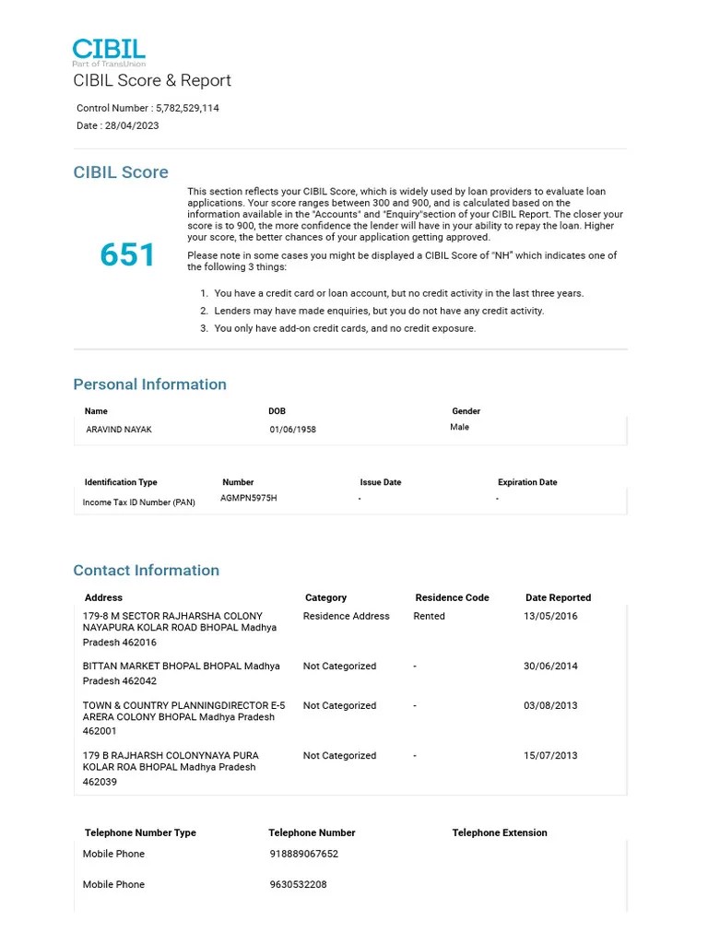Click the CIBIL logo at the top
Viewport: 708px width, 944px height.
(x=109, y=52)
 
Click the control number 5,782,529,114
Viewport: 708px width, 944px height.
(x=187, y=108)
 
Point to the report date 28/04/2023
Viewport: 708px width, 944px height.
(x=132, y=125)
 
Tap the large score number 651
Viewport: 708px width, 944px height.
(x=128, y=255)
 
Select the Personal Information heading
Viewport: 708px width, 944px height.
(x=149, y=384)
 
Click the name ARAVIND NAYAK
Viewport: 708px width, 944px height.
(x=119, y=430)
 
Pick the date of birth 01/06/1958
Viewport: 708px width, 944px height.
(x=292, y=430)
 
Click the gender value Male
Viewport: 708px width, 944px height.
(x=459, y=427)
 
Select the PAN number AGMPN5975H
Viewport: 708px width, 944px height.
(x=248, y=498)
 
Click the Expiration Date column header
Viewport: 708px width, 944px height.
(x=527, y=482)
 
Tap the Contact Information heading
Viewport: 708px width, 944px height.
(x=146, y=571)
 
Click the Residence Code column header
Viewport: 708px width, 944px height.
(x=452, y=597)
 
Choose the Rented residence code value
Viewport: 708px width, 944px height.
(x=429, y=616)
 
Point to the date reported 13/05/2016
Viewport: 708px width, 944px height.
(x=550, y=616)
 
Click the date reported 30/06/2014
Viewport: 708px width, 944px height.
(x=550, y=666)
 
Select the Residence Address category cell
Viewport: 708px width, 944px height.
(x=346, y=616)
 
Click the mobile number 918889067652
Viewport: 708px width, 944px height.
(x=303, y=854)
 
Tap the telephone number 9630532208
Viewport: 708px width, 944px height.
(x=298, y=884)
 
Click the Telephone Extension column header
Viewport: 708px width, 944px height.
(x=499, y=832)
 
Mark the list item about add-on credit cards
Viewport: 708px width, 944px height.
(x=345, y=328)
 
